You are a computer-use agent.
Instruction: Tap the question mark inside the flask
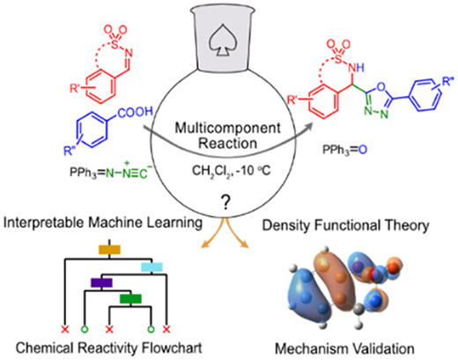point(225,203)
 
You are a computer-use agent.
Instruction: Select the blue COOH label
point(136,113)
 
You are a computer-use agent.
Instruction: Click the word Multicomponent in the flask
point(227,129)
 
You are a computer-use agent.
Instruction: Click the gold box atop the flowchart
point(109,249)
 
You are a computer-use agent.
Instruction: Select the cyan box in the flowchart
point(151,267)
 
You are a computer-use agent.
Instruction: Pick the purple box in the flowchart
point(101,283)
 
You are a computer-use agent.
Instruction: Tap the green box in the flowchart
point(130,298)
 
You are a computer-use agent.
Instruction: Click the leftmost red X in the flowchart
point(65,329)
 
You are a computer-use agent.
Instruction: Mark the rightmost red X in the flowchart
point(166,329)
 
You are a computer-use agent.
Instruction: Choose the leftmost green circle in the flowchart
point(85,329)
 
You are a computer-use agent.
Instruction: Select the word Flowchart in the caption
point(172,348)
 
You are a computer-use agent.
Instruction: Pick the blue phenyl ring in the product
point(425,94)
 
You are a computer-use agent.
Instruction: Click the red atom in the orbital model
point(373,275)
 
